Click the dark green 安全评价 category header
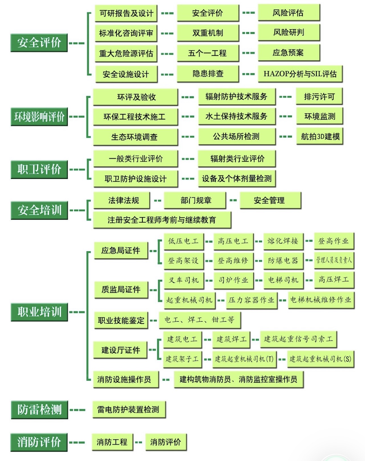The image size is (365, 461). pyautogui.click(x=39, y=43)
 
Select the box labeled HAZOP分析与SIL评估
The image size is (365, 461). pyautogui.click(x=300, y=74)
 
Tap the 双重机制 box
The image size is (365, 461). pyautogui.click(x=208, y=33)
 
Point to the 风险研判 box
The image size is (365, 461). pyautogui.click(x=289, y=32)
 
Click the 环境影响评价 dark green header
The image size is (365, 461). pyautogui.click(x=39, y=116)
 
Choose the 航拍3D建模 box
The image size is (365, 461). pyautogui.click(x=320, y=136)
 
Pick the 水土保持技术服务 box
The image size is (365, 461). pyautogui.click(x=237, y=116)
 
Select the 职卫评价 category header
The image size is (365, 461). pyautogui.click(x=39, y=169)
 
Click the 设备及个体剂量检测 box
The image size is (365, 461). pyautogui.click(x=237, y=178)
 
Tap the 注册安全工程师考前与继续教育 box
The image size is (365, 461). pyautogui.click(x=162, y=220)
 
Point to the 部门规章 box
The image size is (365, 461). pyautogui.click(x=196, y=200)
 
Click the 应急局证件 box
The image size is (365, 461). pyautogui.click(x=121, y=250)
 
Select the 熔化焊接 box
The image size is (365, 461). pyautogui.click(x=283, y=241)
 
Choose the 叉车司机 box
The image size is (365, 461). pyautogui.click(x=184, y=280)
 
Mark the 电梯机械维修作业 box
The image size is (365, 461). pyautogui.click(x=321, y=300)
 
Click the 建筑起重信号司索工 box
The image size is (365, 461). pyautogui.click(x=298, y=339)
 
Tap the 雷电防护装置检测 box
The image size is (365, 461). pyautogui.click(x=128, y=409)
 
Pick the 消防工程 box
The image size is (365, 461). pyautogui.click(x=112, y=442)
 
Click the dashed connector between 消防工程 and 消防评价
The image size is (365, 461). pyautogui.click(x=139, y=442)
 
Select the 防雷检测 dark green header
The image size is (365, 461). pyautogui.click(x=39, y=409)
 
